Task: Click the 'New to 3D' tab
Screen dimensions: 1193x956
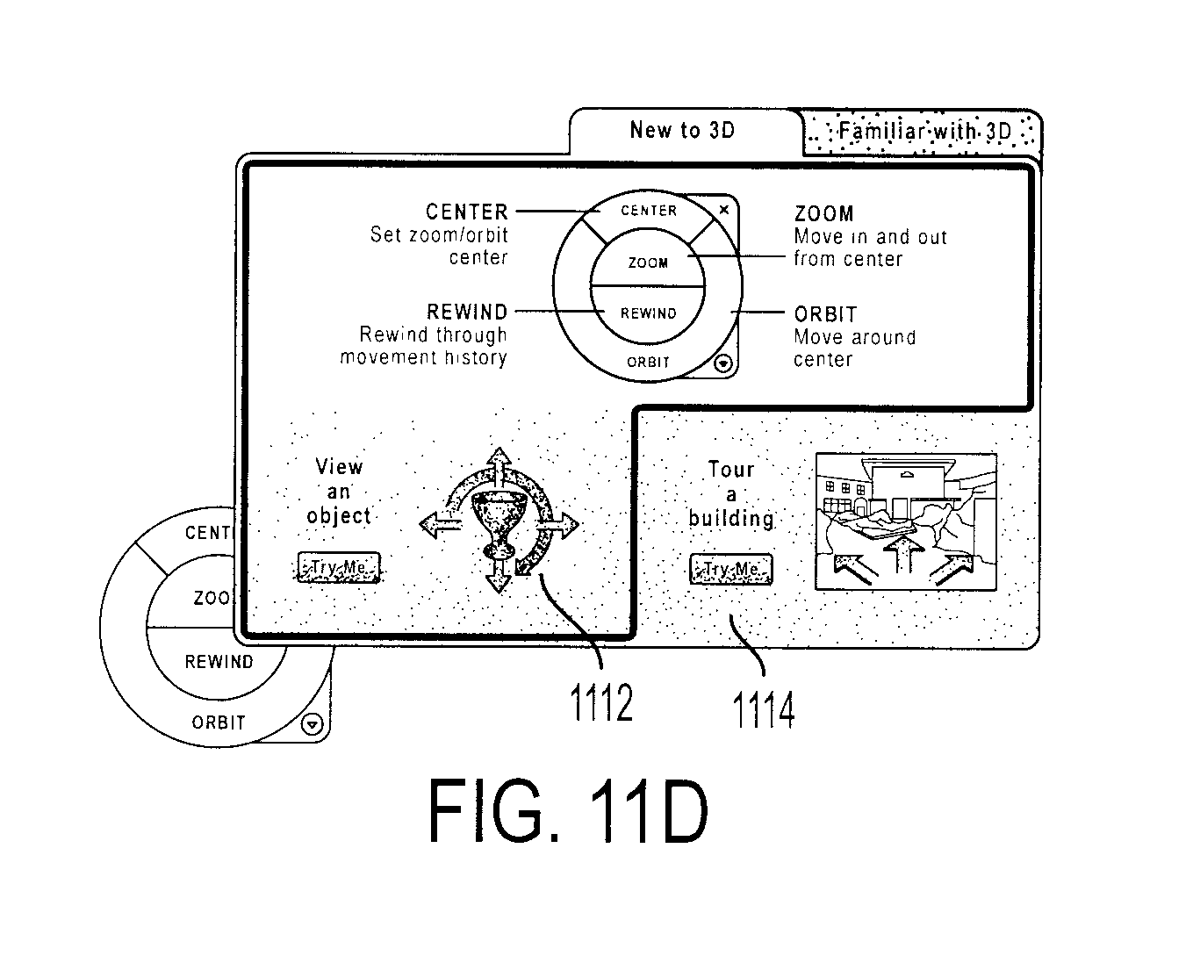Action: (683, 131)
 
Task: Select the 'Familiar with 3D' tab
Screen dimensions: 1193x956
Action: (923, 133)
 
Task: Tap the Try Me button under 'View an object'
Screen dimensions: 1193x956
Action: (339, 567)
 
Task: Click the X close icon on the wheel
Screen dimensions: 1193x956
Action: (723, 210)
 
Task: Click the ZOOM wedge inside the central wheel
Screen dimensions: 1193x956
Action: (648, 262)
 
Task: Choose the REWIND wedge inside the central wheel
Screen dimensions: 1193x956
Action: (648, 313)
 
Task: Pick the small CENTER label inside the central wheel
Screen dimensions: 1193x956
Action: (649, 211)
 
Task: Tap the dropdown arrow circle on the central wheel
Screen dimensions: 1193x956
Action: (723, 363)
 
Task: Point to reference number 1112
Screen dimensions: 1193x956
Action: (601, 702)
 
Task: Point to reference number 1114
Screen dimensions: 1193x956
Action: (764, 709)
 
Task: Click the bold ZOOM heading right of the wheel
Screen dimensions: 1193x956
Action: (823, 214)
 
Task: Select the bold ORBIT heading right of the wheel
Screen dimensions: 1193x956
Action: (825, 314)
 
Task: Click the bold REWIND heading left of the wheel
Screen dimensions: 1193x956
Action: (467, 312)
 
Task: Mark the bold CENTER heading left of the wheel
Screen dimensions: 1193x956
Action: (467, 212)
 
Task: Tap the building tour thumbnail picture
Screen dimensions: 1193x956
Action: (906, 521)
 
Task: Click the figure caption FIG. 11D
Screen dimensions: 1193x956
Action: (569, 810)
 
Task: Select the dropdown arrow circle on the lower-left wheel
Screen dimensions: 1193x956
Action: (313, 724)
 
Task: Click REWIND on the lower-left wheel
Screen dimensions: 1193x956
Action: (219, 662)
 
